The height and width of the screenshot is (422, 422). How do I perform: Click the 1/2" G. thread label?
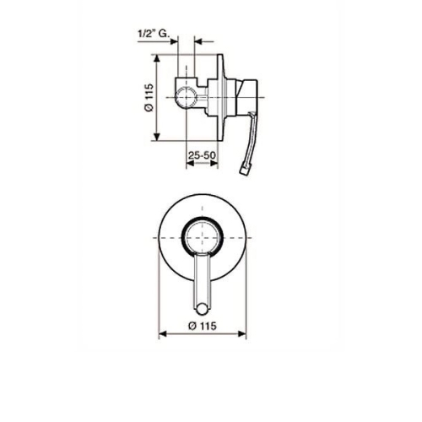(153, 35)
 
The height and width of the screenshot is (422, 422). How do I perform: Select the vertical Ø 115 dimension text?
(149, 97)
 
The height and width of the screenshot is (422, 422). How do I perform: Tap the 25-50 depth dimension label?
(202, 155)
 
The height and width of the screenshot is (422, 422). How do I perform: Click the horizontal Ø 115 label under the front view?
(203, 326)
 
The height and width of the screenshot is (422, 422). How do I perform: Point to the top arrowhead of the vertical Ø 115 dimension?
(157, 58)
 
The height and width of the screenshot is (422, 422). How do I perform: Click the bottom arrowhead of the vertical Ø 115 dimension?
(157, 137)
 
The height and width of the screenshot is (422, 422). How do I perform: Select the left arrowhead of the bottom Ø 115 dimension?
(163, 334)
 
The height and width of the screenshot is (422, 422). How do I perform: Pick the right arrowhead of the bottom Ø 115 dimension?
(242, 334)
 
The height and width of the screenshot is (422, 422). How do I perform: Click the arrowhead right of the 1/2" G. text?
(174, 41)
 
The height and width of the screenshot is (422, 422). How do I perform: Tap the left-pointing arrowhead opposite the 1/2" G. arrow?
(198, 41)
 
